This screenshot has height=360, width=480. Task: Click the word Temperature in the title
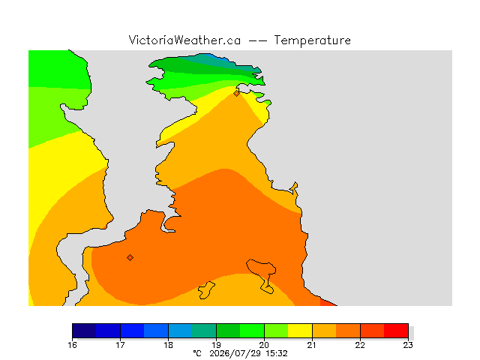[312, 40]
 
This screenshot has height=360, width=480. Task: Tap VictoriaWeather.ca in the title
[184, 40]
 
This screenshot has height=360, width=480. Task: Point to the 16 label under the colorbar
[72, 345]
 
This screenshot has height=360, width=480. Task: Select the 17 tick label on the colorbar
[120, 345]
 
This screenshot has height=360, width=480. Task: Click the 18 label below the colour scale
[168, 345]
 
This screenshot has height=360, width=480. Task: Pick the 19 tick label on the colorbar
[217, 345]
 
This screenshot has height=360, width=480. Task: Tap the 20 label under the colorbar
[264, 345]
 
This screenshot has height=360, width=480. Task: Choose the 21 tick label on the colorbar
[312, 345]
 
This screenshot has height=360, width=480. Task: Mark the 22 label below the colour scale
[360, 345]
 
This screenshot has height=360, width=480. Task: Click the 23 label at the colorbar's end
[408, 345]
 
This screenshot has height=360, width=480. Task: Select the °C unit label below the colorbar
[197, 353]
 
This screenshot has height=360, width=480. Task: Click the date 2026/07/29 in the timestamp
[235, 353]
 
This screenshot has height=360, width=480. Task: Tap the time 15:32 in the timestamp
[277, 353]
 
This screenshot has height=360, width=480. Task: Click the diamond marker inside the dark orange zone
[130, 258]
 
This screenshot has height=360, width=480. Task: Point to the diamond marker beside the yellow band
[237, 93]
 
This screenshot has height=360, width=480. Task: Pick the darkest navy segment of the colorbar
[84, 331]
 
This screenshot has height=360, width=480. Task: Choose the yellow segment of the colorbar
[300, 331]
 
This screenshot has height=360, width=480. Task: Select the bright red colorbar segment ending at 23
[396, 331]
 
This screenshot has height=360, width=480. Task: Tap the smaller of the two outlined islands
[206, 290]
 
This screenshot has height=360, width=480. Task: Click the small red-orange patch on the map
[328, 302]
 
